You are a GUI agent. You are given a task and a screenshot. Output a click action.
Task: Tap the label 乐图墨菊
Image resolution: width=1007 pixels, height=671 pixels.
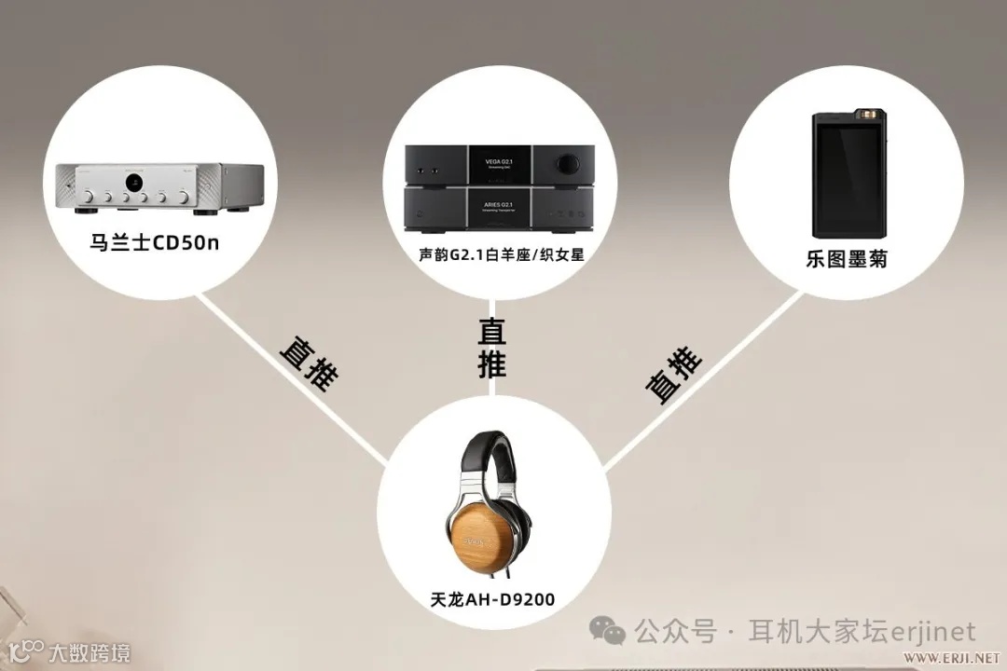point(847,259)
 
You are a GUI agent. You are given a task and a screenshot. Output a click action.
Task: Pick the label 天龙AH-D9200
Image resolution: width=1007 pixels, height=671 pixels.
point(493,599)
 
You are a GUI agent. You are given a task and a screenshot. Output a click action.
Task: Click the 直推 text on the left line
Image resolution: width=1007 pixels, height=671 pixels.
point(309,363)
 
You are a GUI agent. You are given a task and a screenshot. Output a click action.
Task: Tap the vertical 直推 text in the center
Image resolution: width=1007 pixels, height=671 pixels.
point(492,348)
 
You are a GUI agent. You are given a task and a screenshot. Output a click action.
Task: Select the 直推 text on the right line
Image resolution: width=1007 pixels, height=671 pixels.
point(673,374)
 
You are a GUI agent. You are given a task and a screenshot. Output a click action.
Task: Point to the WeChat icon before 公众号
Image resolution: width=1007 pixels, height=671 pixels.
point(612,634)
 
